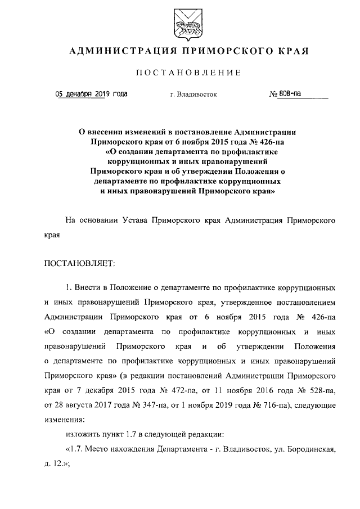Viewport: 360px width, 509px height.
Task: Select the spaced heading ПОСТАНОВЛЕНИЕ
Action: [180, 73]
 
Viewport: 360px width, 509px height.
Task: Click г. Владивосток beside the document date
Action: [193, 95]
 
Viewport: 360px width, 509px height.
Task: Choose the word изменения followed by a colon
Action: [64, 419]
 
